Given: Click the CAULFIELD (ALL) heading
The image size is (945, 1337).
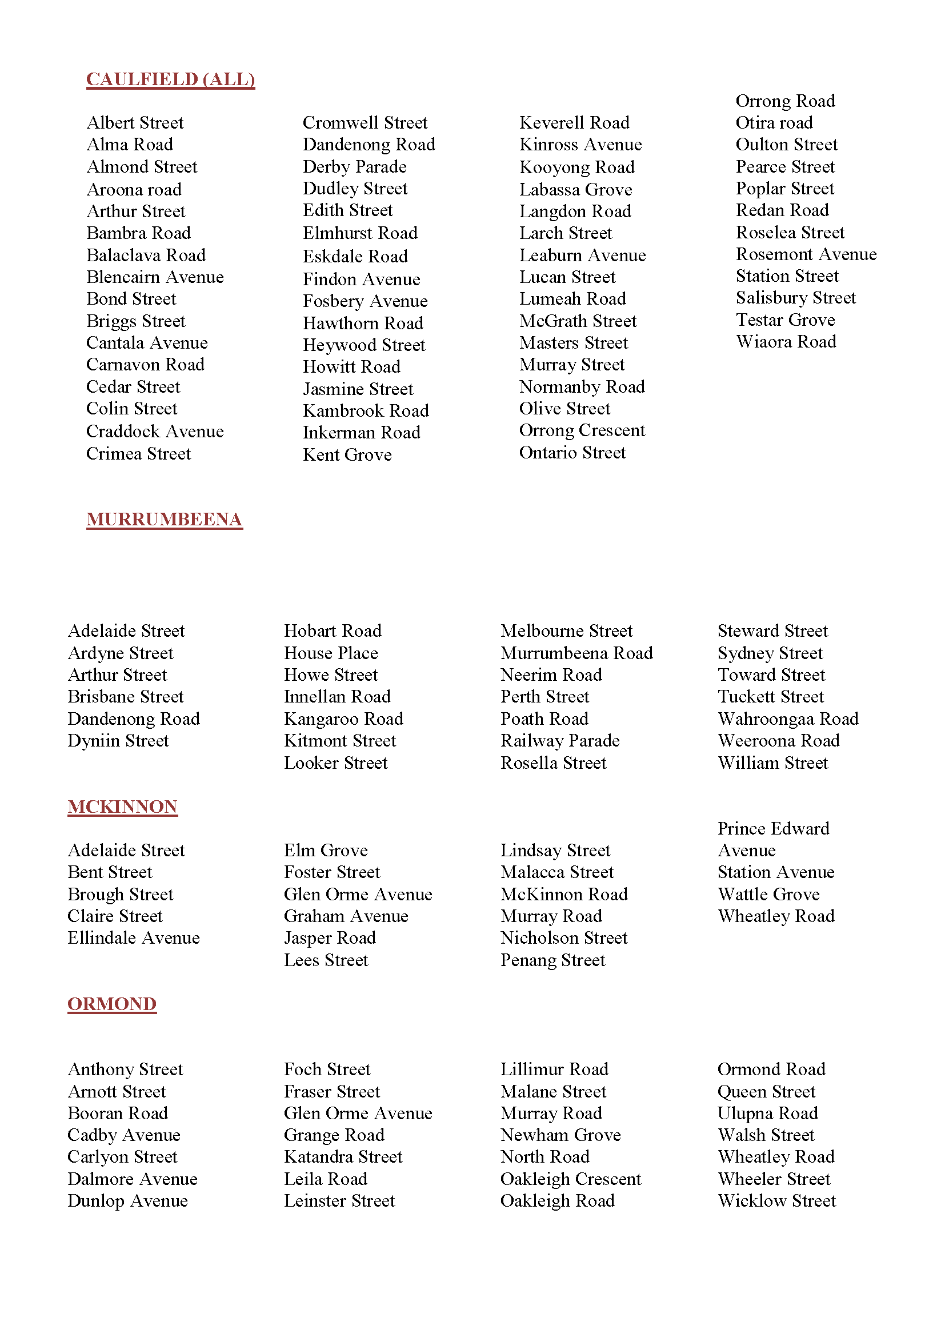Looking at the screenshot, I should click(170, 79).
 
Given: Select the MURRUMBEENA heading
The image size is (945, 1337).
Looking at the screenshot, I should click(164, 519).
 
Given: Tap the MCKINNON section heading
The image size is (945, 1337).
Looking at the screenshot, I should click(122, 807).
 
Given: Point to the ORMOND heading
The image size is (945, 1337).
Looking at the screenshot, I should click(112, 1004).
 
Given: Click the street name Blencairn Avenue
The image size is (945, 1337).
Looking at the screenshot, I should click(155, 277).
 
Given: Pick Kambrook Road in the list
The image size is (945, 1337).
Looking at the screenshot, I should click(366, 411).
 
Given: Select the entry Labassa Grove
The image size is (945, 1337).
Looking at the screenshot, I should click(575, 190).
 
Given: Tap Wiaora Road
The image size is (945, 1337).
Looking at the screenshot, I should click(786, 342).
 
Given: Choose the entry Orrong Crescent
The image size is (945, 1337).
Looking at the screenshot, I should click(582, 430).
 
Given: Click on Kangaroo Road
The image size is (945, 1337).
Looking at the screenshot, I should click(343, 719).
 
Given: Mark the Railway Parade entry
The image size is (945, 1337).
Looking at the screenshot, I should click(560, 741).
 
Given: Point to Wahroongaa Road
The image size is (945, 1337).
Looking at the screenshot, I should click(788, 719).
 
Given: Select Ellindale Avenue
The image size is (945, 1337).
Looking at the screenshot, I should click(133, 938).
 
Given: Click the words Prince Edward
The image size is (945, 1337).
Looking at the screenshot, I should click(773, 829).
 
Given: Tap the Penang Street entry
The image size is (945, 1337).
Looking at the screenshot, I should click(553, 960).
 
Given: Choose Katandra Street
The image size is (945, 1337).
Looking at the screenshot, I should click(343, 1157).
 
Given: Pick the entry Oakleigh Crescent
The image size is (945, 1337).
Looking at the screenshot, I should click(570, 1179).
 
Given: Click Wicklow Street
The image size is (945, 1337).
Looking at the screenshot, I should click(776, 1201).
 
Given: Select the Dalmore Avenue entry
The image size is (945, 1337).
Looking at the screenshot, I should click(133, 1179).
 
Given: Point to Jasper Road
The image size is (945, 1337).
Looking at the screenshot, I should click(329, 938).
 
